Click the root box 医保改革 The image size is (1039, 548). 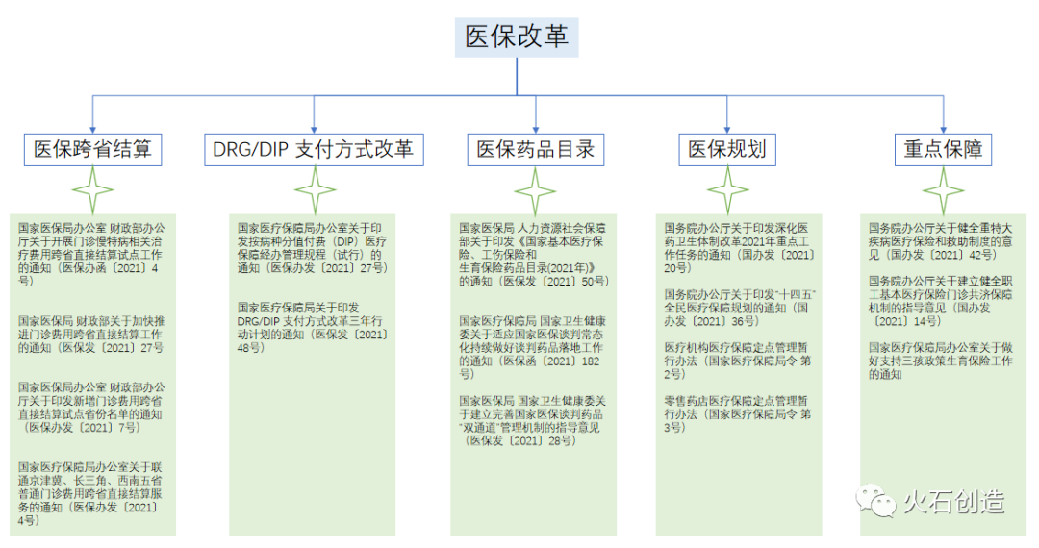[x=517, y=37]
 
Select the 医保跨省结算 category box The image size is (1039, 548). [x=92, y=149]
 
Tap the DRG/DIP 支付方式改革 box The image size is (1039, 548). [x=314, y=149]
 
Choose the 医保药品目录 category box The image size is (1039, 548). [x=536, y=149]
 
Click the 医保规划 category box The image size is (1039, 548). [x=727, y=149]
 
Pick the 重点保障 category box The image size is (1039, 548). [x=942, y=149]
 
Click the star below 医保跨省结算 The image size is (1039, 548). [x=93, y=189]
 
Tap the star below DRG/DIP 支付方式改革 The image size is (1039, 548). [x=315, y=189]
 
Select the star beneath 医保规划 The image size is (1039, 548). [x=728, y=189]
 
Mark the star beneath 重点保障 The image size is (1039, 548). [x=943, y=189]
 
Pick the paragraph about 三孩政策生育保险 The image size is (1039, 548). [x=940, y=361]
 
